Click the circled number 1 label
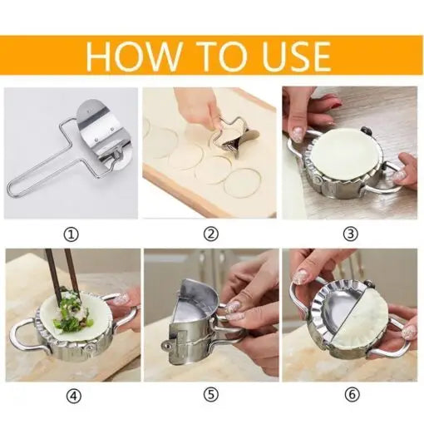coord(71,234)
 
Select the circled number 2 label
coord(211,234)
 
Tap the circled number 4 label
coord(71,397)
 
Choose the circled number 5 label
coord(211,397)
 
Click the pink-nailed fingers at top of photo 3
coord(312,104)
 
